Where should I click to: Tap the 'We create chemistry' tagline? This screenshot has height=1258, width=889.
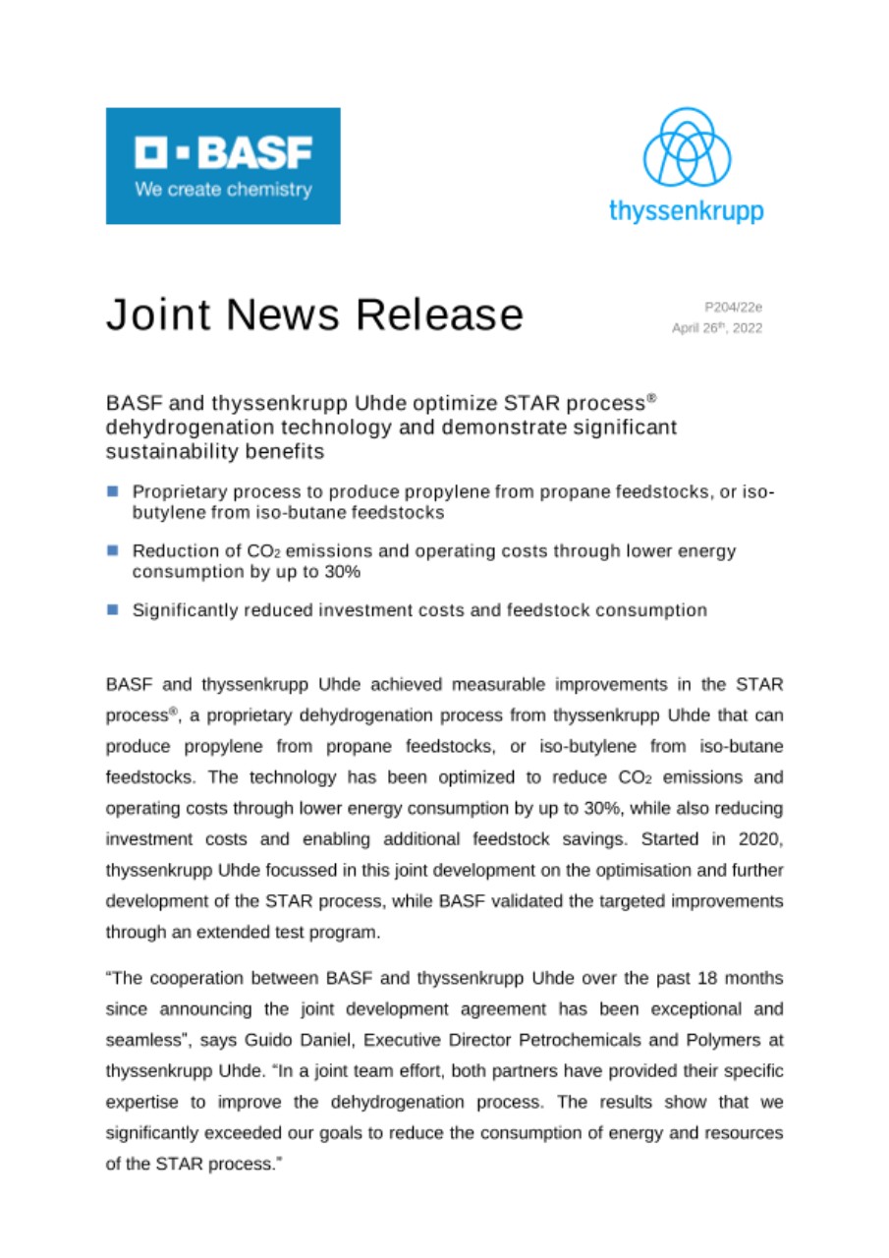(224, 190)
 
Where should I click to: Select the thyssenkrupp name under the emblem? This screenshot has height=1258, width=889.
(686, 209)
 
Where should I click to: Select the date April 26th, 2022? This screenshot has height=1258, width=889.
(716, 328)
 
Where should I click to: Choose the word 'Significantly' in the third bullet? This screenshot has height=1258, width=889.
(183, 610)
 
